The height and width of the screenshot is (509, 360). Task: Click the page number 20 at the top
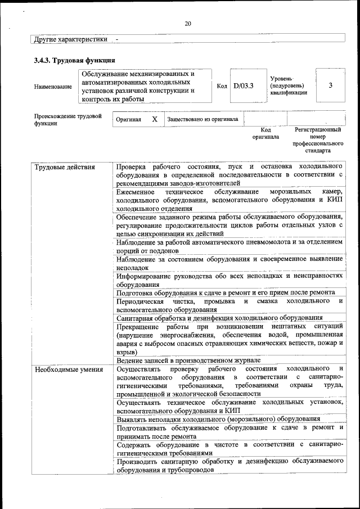(x=188, y=23)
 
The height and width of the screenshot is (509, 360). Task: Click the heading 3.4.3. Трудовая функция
(x=74, y=60)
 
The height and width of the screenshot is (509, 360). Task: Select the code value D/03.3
(x=244, y=86)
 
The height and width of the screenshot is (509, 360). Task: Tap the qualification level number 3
(x=330, y=85)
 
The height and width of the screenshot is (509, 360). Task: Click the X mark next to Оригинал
(x=154, y=120)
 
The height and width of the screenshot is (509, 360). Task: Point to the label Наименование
(x=53, y=87)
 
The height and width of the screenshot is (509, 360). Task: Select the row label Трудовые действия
(x=65, y=168)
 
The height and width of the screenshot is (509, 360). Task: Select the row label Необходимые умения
(x=69, y=370)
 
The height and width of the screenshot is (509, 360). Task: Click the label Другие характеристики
(x=70, y=40)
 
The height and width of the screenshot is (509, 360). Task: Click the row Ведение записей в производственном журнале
(x=188, y=360)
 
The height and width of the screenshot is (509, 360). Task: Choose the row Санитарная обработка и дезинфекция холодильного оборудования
(x=219, y=317)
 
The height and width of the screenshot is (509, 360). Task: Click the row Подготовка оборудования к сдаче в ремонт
(x=225, y=292)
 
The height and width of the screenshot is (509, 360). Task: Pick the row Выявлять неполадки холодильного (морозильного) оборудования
(x=218, y=419)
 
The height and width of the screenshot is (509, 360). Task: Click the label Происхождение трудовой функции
(x=67, y=120)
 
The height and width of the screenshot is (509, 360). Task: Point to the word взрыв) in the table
(x=127, y=352)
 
